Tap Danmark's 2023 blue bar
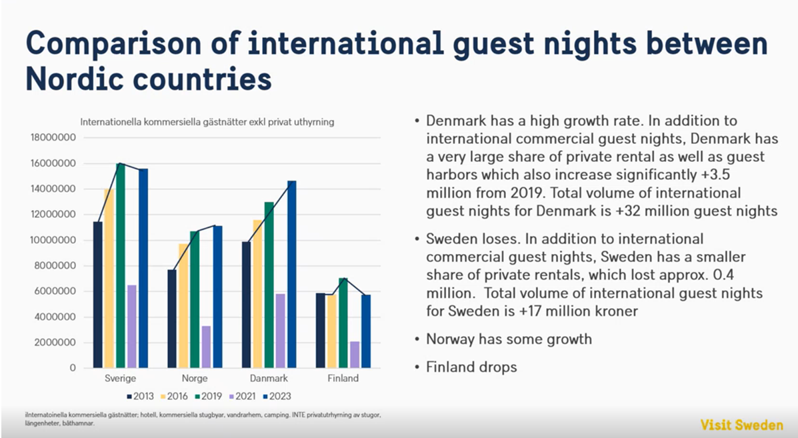tap(291, 274)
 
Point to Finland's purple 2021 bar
tap(355, 354)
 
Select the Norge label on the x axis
tap(195, 379)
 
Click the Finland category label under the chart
tap(343, 379)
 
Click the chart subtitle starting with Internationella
tap(207, 122)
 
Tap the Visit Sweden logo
tap(741, 425)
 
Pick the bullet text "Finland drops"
tap(471, 367)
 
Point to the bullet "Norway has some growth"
tap(509, 339)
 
